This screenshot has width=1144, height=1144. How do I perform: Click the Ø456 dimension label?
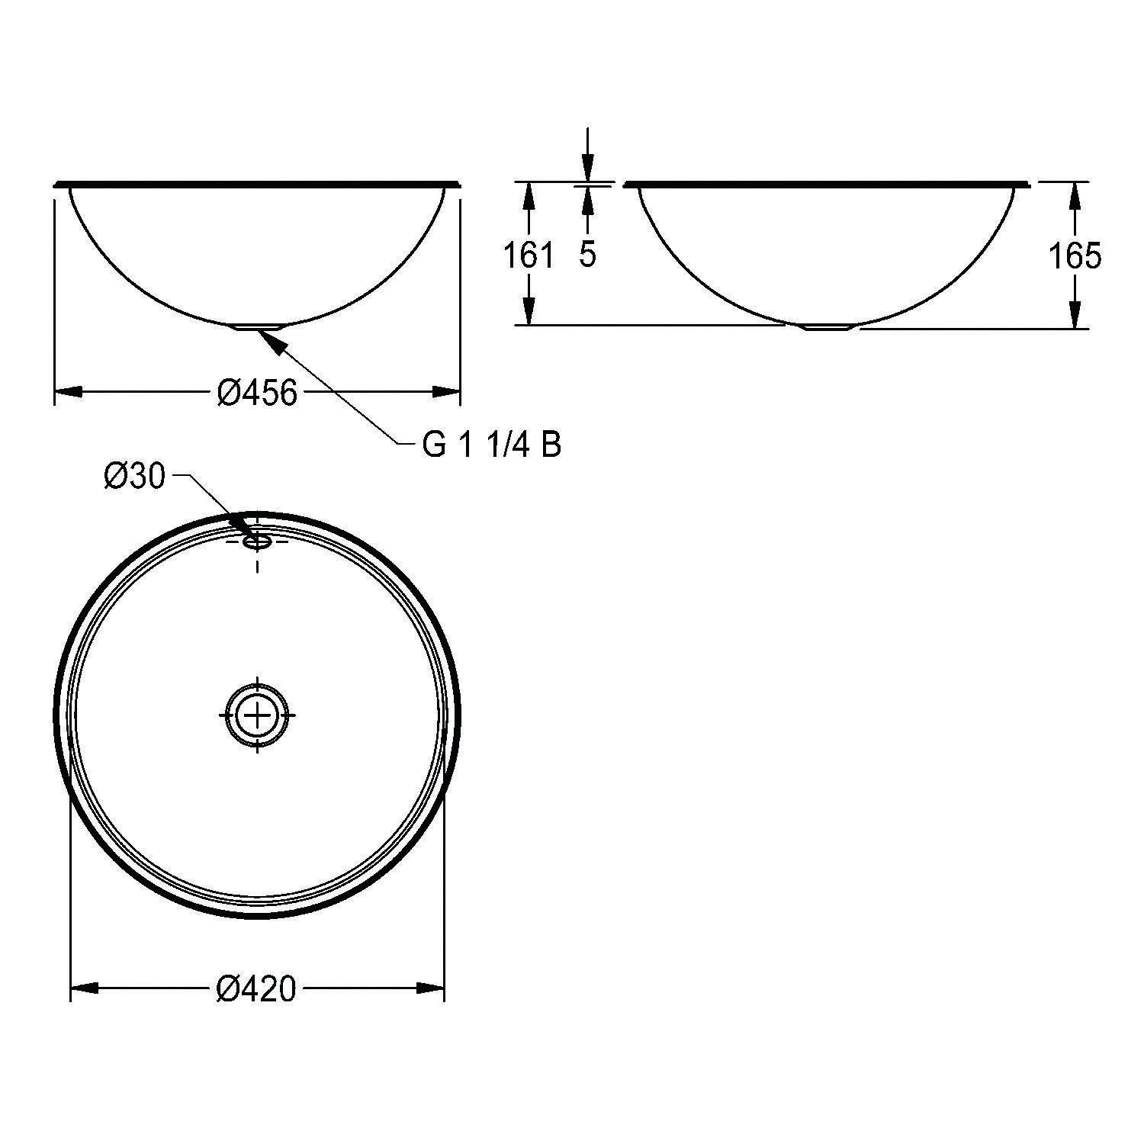[256, 393]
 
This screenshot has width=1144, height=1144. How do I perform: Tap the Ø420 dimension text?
[256, 989]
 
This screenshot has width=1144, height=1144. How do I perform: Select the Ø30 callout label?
[134, 477]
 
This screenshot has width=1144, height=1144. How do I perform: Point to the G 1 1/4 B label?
[492, 445]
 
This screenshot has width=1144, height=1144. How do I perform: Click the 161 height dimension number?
[529, 255]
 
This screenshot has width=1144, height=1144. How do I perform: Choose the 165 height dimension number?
[1075, 255]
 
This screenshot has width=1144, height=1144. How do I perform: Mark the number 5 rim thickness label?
[586, 255]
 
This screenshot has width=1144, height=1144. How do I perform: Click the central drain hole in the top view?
[257, 715]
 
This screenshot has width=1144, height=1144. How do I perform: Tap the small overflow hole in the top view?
[257, 541]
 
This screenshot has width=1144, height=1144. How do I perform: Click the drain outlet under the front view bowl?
[260, 326]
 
